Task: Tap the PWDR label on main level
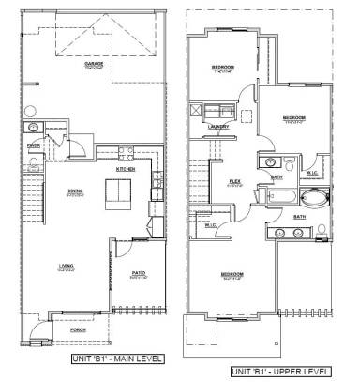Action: pos(32,145)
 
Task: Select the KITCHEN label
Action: pos(127,169)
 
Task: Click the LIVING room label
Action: pos(66,267)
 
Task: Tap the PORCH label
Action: pos(80,330)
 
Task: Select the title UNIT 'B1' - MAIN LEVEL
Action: pos(117,359)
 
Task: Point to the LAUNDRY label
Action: pos(221,129)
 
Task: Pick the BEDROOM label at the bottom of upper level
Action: pos(231,275)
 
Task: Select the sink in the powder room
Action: pos(33,126)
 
